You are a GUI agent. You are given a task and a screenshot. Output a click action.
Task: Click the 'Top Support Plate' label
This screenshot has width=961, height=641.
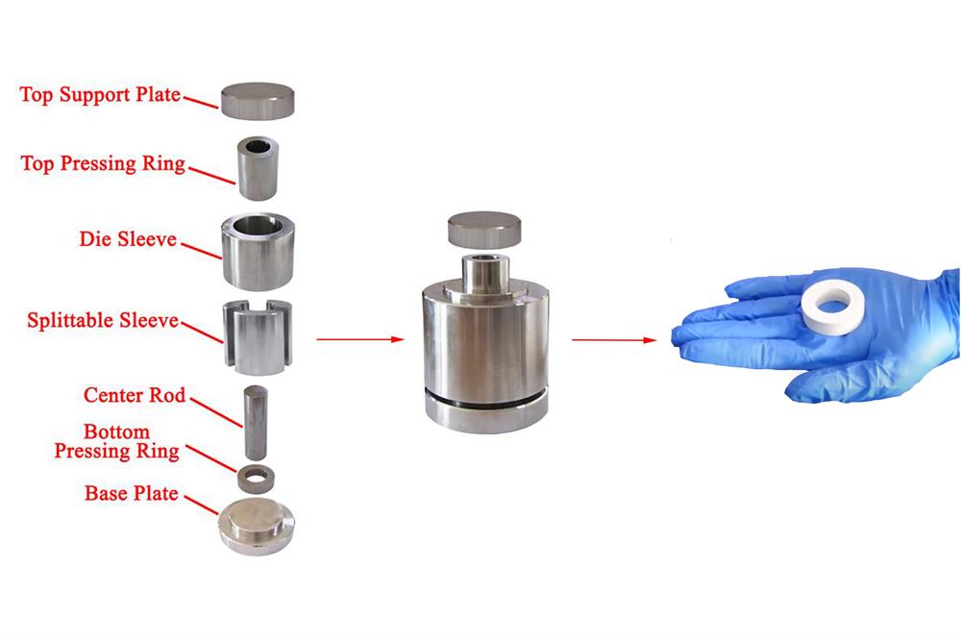(100, 95)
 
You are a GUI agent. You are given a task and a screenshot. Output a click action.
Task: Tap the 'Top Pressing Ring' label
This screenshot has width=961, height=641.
(103, 163)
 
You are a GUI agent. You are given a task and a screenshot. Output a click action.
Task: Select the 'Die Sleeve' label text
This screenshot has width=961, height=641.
(128, 238)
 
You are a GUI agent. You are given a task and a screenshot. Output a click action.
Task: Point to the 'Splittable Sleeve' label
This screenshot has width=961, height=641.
(103, 320)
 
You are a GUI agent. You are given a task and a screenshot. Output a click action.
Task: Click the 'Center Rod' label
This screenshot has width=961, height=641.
(135, 395)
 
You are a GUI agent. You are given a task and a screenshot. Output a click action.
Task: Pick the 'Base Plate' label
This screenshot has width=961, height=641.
(131, 493)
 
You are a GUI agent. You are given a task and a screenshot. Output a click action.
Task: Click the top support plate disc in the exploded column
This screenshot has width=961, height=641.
(259, 100)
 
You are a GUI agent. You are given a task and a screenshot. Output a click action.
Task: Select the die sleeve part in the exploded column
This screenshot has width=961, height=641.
(259, 251)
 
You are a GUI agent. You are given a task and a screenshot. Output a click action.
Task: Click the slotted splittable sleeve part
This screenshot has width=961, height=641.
(258, 339)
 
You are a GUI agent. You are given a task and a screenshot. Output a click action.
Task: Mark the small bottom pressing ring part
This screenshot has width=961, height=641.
(257, 475)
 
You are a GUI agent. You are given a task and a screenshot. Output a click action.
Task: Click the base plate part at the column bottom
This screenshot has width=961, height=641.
(257, 526)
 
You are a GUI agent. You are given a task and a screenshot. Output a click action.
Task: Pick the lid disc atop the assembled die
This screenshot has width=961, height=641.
(485, 231)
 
